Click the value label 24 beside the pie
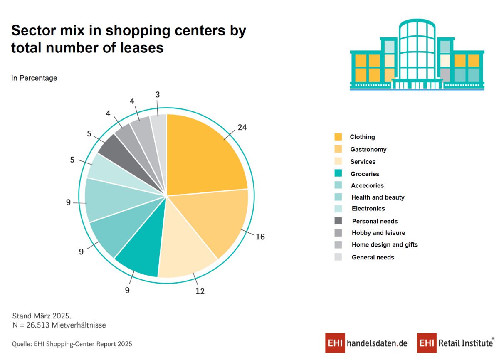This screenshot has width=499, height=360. tap(242, 128)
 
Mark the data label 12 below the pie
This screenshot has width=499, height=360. tap(200, 291)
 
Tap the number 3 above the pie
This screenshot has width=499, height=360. tap(158, 95)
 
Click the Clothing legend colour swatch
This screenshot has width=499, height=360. tap(338, 137)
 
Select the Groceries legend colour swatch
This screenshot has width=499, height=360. tap(338, 173)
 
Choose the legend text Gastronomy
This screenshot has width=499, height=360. tap(368, 149)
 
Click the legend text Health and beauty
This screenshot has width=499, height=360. tap(378, 197)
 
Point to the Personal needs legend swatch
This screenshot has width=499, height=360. tap(338, 221)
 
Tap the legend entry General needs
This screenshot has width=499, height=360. tap(373, 257)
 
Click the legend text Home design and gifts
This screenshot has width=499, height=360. tap(385, 244)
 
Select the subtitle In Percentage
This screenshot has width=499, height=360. tap(34, 78)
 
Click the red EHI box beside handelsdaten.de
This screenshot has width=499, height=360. tap(335, 343)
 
